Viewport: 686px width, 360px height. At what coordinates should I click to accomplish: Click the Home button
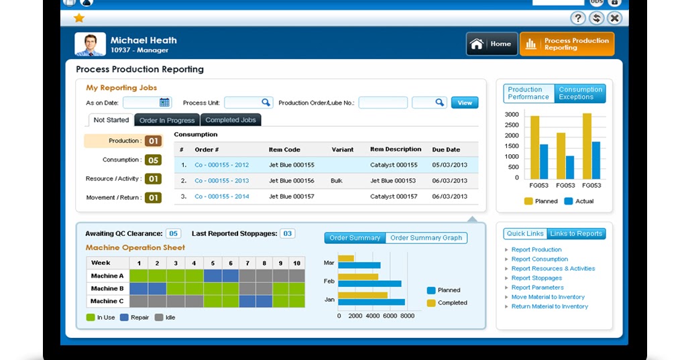coord(492,44)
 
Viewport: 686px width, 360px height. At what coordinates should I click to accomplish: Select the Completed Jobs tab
coord(231,120)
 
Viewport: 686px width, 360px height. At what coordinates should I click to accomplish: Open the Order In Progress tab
coord(167,120)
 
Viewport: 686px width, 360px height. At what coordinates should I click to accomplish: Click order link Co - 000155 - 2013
coord(221,181)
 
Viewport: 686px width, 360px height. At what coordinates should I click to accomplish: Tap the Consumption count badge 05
coord(154,160)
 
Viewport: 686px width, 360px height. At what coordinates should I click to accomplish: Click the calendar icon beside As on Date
coord(164,103)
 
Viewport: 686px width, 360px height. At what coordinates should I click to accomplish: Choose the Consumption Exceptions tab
coord(580,93)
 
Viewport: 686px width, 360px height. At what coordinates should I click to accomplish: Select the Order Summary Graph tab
coord(426,238)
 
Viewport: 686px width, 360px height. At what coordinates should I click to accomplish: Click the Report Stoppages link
coord(536,278)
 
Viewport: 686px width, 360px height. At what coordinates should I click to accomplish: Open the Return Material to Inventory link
coord(549,306)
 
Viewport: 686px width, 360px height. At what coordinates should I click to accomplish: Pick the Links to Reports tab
coord(576,233)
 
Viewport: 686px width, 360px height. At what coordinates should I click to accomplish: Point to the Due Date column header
coord(446,149)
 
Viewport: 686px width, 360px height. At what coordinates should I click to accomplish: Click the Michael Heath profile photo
coord(90,44)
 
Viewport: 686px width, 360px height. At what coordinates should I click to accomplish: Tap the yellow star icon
coord(79,18)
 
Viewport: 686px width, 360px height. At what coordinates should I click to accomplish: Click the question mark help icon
coord(578,18)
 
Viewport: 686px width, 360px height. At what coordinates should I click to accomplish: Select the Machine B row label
coord(107,288)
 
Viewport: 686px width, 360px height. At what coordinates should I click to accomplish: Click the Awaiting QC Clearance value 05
coord(174,234)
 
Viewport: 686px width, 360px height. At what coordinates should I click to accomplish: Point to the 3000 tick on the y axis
coord(512,115)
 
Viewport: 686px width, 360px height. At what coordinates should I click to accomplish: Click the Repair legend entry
coord(135,318)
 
